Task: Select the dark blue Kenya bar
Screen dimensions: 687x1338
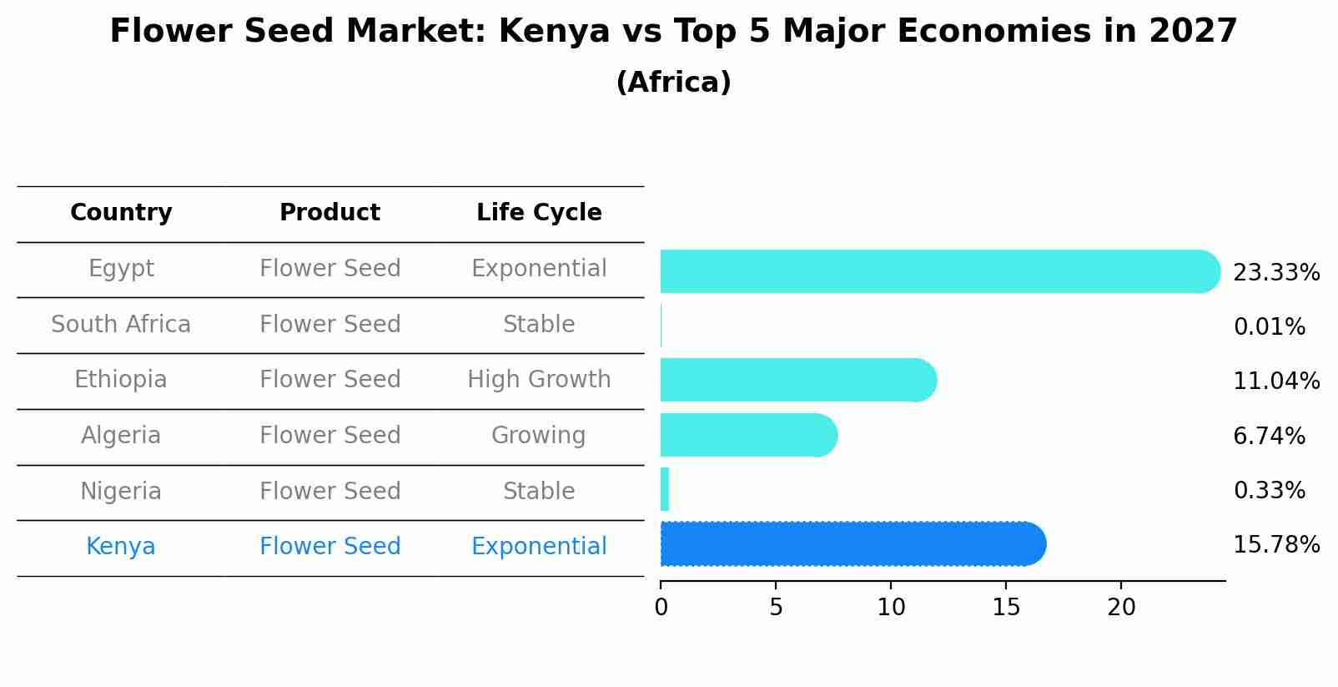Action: [851, 544]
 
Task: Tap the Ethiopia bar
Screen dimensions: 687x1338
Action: [797, 381]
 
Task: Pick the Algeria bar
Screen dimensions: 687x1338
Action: [747, 435]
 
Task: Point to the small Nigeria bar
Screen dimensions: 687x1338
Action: [665, 490]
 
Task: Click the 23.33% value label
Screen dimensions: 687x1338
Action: [1275, 273]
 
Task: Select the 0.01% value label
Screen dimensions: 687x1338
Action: [1269, 327]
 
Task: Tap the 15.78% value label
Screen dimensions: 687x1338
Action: [1275, 545]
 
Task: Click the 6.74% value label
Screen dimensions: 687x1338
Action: [1269, 436]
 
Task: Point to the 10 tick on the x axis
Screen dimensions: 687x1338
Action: [891, 608]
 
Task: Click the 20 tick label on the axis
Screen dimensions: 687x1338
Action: [1121, 608]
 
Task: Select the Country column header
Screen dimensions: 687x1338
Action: [121, 213]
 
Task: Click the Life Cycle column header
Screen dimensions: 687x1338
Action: [539, 213]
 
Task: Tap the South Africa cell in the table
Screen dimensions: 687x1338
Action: [121, 325]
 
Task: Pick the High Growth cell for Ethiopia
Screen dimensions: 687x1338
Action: [539, 380]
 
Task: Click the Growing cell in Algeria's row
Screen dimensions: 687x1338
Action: [539, 436]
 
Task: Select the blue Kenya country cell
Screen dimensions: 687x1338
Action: [121, 547]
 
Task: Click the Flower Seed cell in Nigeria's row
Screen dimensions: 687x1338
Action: [330, 492]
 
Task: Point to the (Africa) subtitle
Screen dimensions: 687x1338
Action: [673, 83]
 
